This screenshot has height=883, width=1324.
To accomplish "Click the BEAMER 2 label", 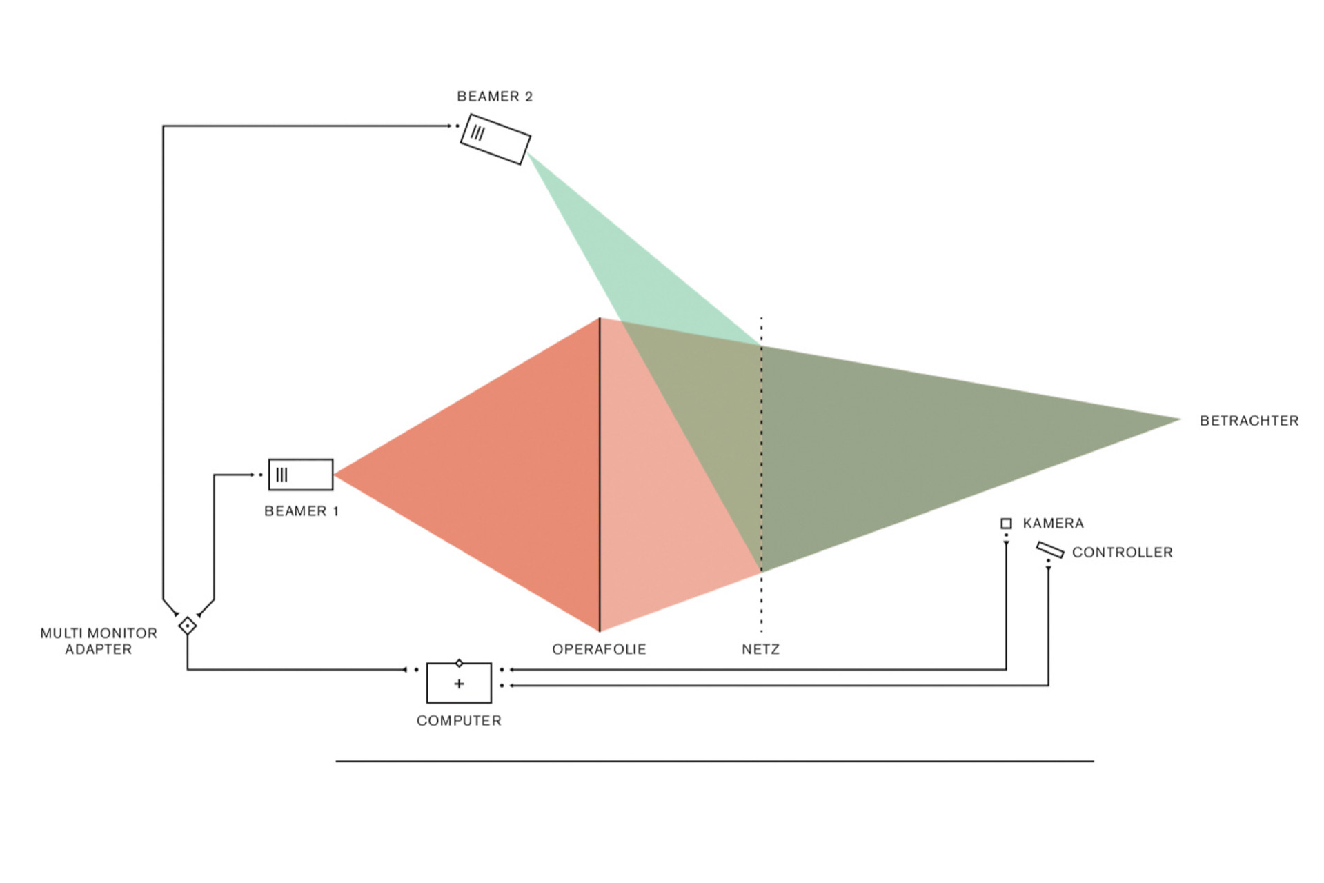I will click(495, 97).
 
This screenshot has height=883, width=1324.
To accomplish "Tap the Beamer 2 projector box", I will click(495, 139).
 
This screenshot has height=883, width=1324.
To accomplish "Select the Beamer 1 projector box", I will click(300, 475).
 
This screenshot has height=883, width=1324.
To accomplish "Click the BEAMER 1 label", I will click(302, 511).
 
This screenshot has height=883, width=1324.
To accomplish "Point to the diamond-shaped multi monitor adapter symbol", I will click(187, 626).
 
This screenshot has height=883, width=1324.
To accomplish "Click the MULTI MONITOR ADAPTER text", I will click(99, 641).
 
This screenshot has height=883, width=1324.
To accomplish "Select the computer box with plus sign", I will click(459, 683).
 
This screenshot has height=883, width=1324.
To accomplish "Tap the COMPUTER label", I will click(459, 721).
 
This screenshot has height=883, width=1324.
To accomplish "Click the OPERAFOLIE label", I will click(599, 649).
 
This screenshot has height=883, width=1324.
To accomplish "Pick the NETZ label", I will click(760, 649).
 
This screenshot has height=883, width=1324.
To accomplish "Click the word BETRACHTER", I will click(1249, 421).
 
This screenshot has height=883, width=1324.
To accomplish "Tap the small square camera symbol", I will click(1006, 524).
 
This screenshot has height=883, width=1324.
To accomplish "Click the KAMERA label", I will click(1053, 524).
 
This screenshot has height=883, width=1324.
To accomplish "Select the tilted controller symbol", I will click(1049, 550).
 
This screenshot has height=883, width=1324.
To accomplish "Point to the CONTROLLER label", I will click(1122, 553).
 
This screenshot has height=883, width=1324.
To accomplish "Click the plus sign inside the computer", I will click(459, 684).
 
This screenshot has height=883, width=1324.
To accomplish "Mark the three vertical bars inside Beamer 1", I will click(281, 475).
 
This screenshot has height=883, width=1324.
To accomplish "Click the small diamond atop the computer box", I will click(460, 664).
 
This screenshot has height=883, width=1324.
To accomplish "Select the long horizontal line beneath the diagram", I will click(714, 761).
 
